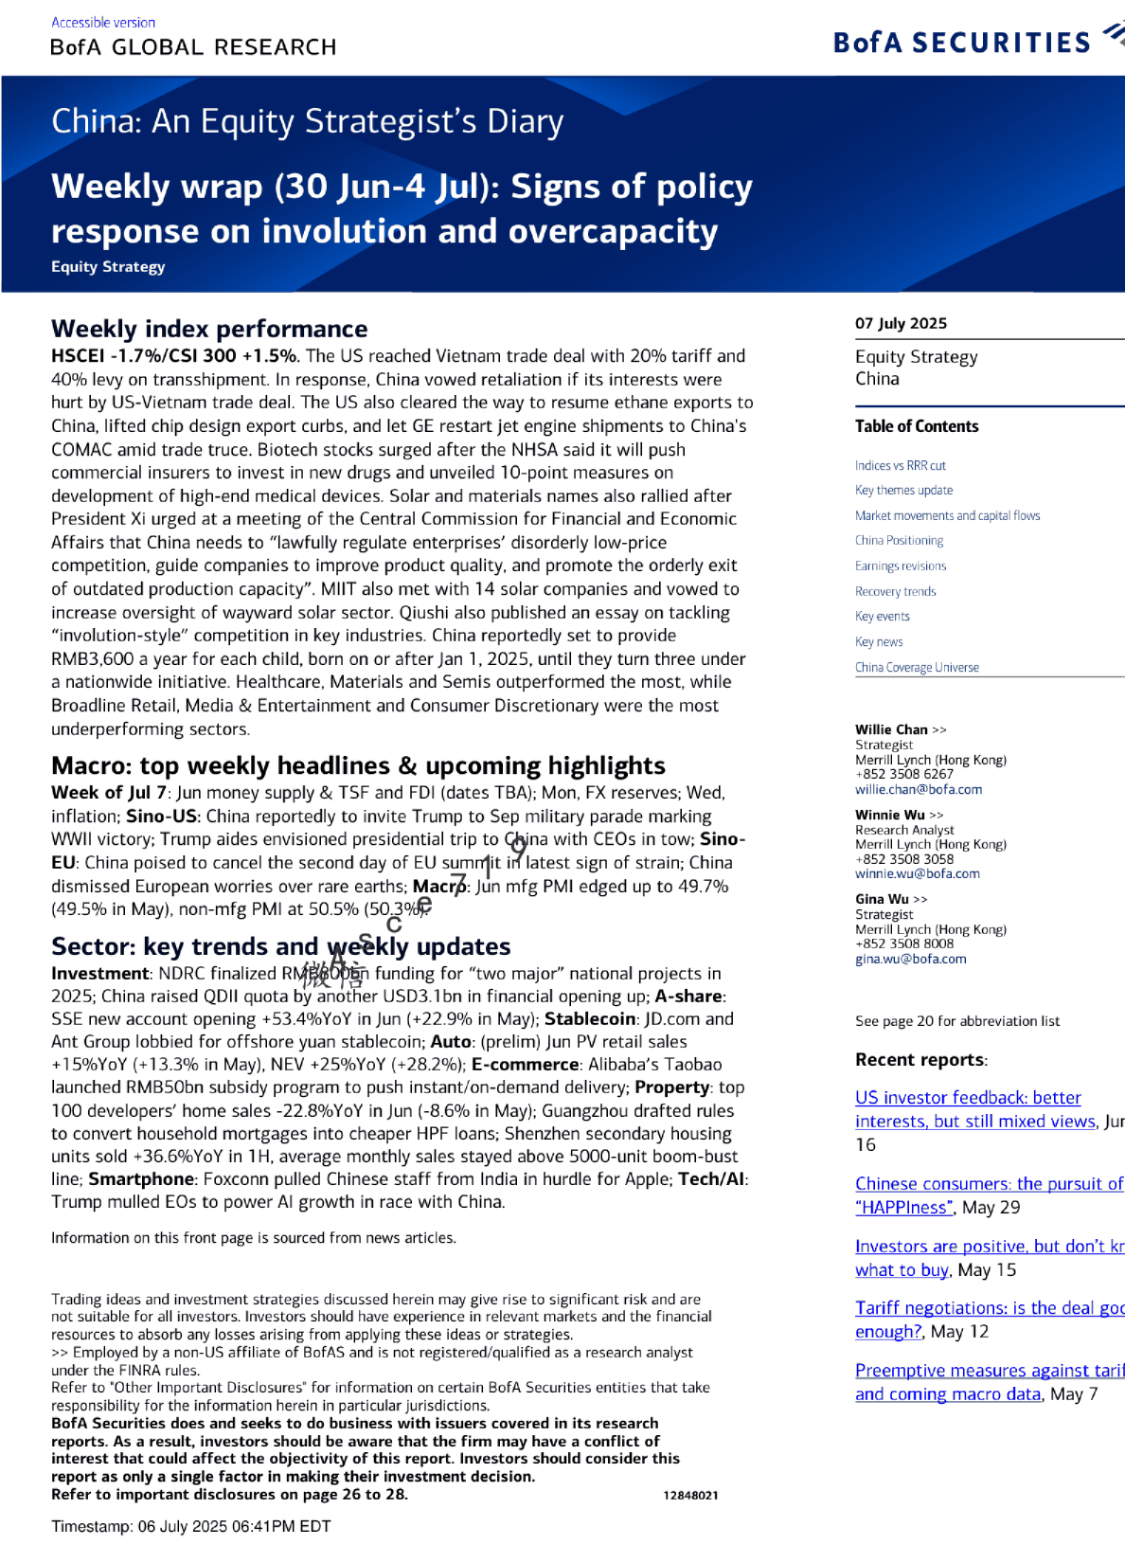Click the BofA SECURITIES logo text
pos(961,43)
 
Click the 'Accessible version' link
pos(103,22)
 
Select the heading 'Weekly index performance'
pos(209,329)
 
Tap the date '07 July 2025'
pos(901,323)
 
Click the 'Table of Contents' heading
pos(917,426)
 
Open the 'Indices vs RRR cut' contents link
pos(900,465)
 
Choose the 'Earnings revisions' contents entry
pos(900,566)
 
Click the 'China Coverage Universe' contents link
pos(917,667)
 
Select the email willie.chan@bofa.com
pos(919,789)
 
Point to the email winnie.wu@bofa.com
pos(917,873)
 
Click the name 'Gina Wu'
pos(882,899)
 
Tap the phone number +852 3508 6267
pos(903,774)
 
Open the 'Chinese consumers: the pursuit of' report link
pos(989,1184)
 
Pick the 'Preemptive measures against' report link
pos(989,1371)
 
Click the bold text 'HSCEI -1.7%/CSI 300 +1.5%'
pos(174,356)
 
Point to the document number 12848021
pos(690,1495)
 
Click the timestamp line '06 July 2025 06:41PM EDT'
pos(234,1526)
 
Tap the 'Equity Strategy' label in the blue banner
pos(108,267)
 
